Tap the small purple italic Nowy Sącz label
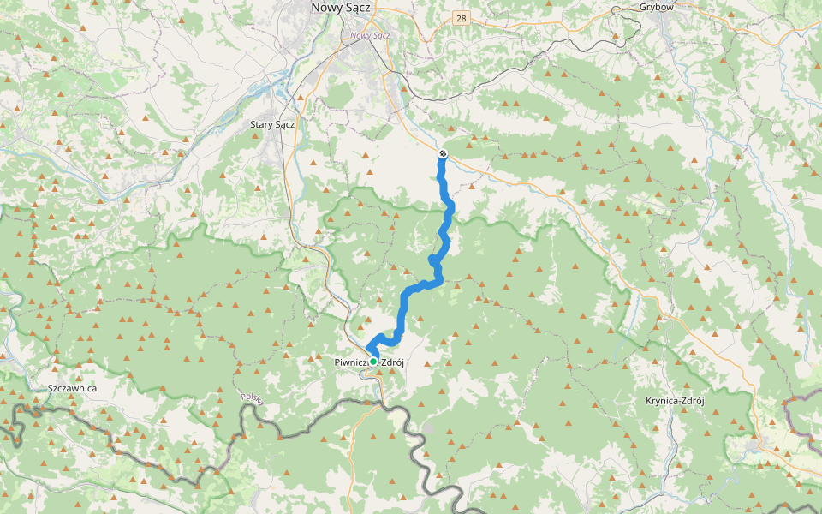point(370,35)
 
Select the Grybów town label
point(657,7)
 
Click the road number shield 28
point(462,18)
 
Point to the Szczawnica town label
point(73,388)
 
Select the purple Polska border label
point(251,398)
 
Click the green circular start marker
point(373,362)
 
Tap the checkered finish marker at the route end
point(443,153)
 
